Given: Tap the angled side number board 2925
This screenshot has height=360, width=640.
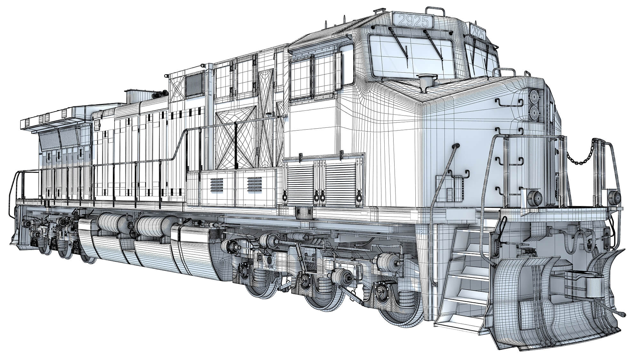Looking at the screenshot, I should pyautogui.click(x=478, y=32).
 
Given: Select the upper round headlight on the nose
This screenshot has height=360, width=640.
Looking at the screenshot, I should pyautogui.click(x=534, y=96).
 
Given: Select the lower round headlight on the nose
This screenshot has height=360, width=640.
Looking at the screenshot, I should pyautogui.click(x=534, y=113).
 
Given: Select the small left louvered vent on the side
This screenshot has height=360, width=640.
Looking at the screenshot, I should pyautogui.click(x=217, y=184).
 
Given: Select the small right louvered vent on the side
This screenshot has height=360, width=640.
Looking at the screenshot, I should pyautogui.click(x=254, y=184).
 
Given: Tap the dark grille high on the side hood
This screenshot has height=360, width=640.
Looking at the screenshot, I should pyautogui.click(x=194, y=84).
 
